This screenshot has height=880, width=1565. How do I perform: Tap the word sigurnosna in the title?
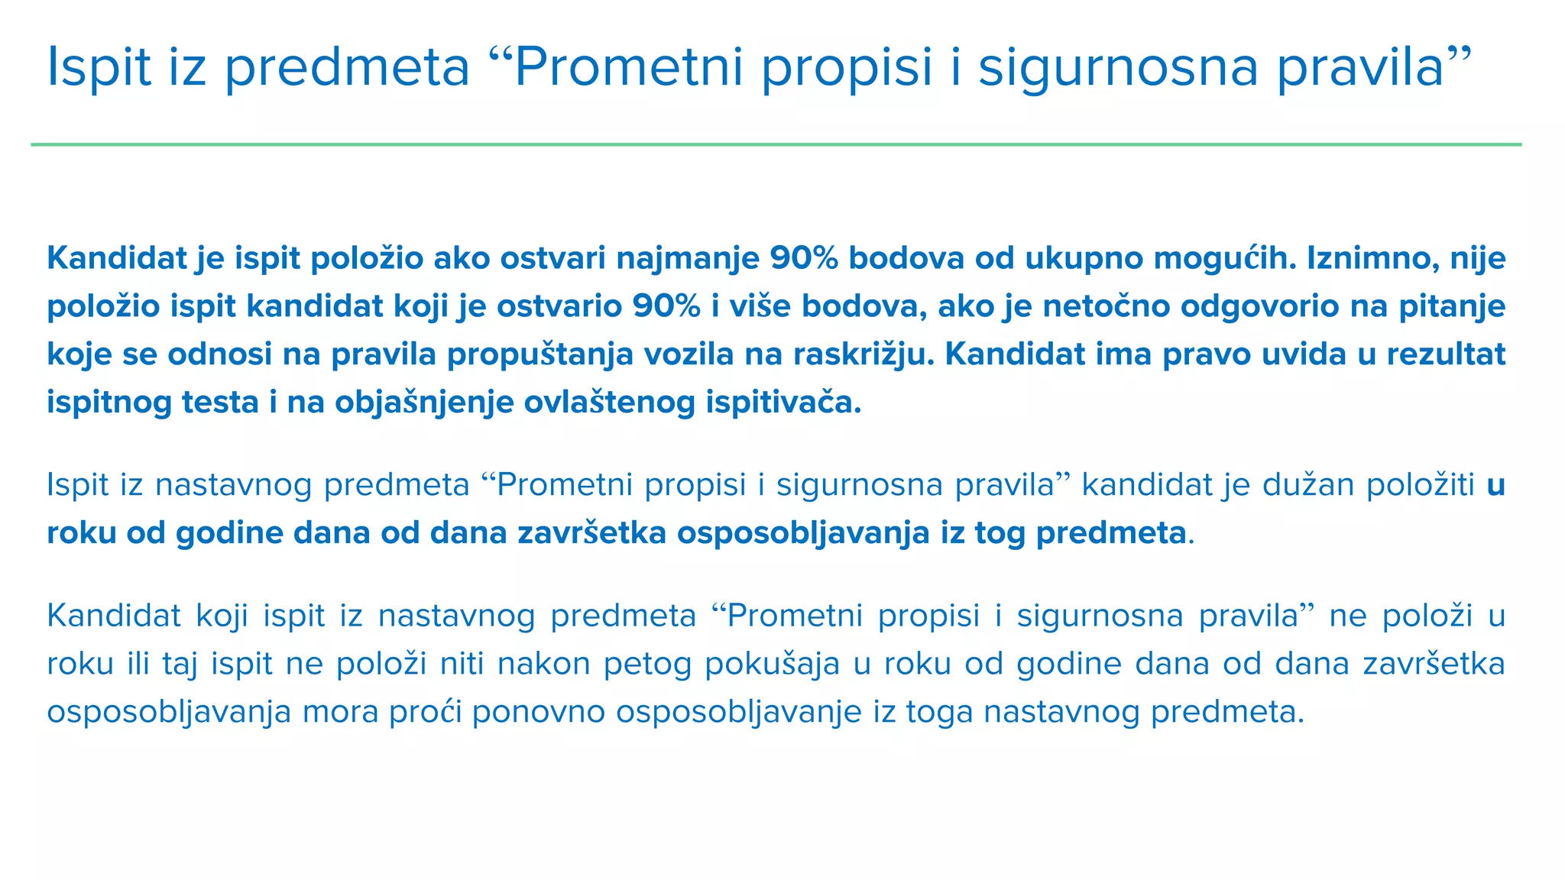click(x=1118, y=67)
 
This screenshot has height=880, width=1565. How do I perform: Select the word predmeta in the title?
click(x=348, y=67)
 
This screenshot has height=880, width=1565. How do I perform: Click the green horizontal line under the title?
click(x=776, y=144)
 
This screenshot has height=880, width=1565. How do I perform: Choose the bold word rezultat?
click(x=1443, y=354)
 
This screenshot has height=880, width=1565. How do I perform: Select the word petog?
click(x=647, y=664)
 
